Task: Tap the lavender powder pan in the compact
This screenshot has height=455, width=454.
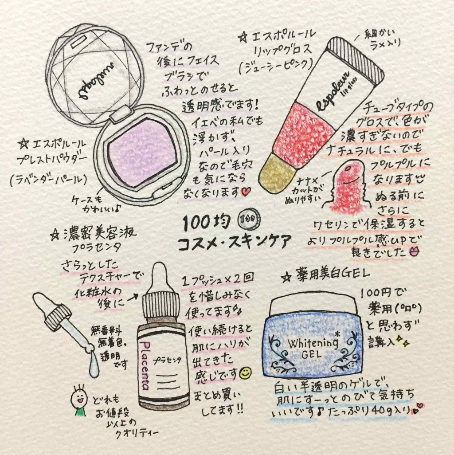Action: (x=142, y=153)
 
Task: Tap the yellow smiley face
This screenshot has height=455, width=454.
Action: (x=246, y=373)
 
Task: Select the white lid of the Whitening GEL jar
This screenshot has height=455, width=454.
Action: (x=313, y=307)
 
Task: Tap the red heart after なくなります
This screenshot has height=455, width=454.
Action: (x=247, y=192)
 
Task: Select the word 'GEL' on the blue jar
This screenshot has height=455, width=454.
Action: (x=312, y=354)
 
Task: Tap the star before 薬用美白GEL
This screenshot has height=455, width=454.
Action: (x=286, y=278)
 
